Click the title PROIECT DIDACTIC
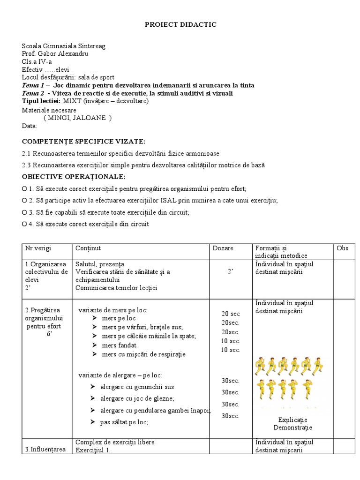[x=180, y=25]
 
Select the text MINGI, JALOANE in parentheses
[x=77, y=118]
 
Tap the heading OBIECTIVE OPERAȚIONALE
[x=74, y=177]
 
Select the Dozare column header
[x=223, y=248]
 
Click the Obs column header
[x=343, y=248]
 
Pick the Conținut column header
[x=88, y=248]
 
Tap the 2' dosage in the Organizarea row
[x=231, y=272]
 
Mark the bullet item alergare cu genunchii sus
[x=137, y=387]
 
